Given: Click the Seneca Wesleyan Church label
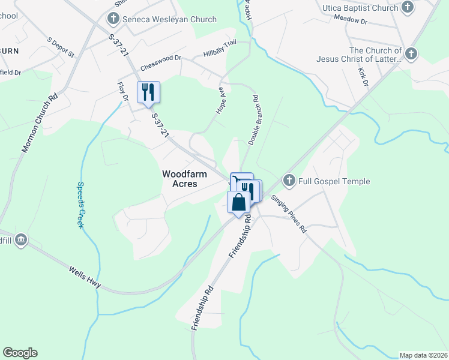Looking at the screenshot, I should tap(169, 20).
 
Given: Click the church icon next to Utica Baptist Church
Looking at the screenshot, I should tap(408, 8).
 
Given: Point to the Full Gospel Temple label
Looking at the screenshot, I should tap(335, 181).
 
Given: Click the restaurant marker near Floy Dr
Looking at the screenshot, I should tap(148, 92).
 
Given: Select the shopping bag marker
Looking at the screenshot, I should tap(238, 202).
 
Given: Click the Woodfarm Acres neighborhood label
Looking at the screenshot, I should tap(184, 179).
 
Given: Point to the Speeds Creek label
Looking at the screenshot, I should tap(80, 205).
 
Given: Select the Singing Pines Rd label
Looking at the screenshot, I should tap(289, 213).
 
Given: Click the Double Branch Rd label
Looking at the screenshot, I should tap(252, 119).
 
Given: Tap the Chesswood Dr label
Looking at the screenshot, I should tap(161, 62).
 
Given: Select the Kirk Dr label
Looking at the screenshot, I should tap(363, 77).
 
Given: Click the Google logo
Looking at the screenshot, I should tap(20, 353).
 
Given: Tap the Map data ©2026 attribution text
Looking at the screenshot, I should tap(423, 355).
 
